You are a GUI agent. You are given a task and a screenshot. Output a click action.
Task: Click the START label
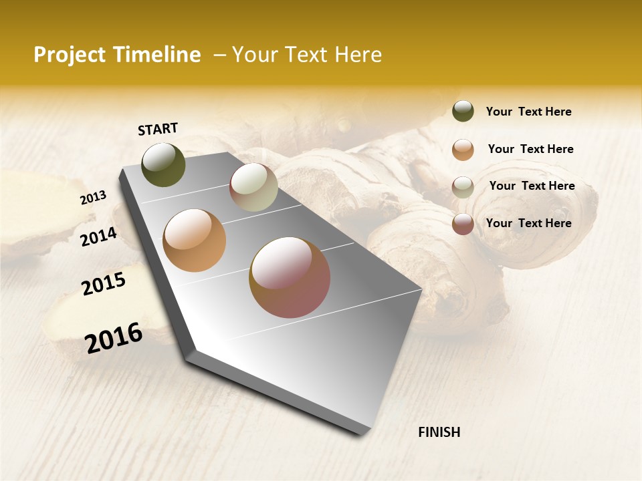coord(158,129)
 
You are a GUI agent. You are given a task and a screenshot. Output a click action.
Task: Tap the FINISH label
coord(439,432)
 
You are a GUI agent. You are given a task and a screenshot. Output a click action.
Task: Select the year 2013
coord(93,198)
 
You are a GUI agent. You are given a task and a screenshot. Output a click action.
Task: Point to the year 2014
coord(98,236)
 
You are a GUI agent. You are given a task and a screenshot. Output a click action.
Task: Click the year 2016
coord(114,338)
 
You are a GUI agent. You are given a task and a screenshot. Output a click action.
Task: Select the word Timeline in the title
coord(156,55)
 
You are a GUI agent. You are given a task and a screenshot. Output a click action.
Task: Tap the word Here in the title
coord(358,55)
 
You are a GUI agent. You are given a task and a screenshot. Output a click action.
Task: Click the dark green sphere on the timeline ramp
coord(163,165)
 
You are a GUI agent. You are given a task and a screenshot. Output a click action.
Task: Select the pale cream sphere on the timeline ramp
coord(253,187)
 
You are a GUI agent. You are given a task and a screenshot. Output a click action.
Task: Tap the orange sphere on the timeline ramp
coord(195,240)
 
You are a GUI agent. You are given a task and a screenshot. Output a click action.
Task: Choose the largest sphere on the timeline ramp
coord(290,277)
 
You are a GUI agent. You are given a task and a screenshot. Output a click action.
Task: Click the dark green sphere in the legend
coord(463,112)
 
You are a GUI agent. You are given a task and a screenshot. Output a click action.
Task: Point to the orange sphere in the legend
coord(463,150)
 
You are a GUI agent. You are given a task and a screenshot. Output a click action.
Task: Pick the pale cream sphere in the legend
coord(463,187)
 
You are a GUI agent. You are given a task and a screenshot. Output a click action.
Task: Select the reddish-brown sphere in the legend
coord(463,224)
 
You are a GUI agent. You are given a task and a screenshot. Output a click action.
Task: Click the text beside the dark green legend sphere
coord(528,112)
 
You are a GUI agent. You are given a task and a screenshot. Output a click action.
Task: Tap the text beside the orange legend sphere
coord(530,149)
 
